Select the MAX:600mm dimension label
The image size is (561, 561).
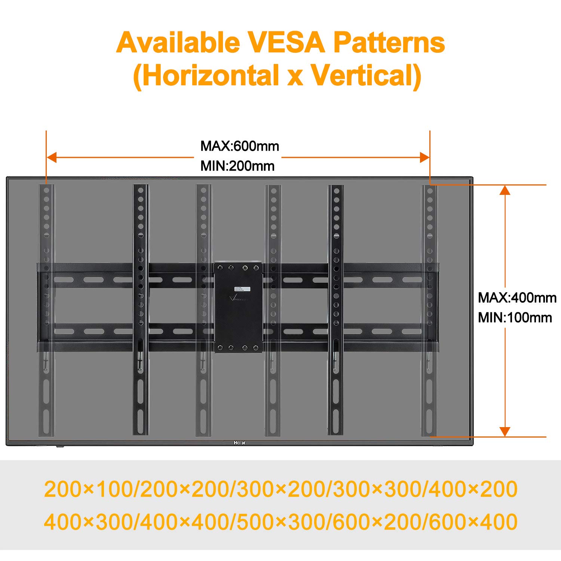[x=240, y=146]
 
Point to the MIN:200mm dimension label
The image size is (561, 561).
[x=237, y=166]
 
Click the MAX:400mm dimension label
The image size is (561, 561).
[x=517, y=298]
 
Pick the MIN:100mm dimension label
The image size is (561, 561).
[x=515, y=318]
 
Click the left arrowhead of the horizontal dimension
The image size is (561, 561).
[x=52, y=157]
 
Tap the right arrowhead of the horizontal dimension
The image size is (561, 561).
[x=424, y=157]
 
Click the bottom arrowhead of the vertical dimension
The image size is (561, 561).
[x=505, y=431]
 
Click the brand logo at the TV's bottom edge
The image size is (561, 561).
[x=239, y=442]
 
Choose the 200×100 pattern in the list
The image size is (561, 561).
[x=88, y=489]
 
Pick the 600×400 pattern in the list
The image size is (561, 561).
[x=473, y=522]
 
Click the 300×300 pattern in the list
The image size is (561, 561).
[x=377, y=489]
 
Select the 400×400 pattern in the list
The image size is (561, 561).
[x=185, y=522]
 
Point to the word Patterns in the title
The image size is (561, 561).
[x=389, y=42]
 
